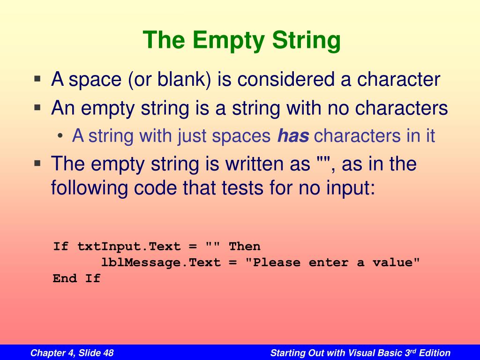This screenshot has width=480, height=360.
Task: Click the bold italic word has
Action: [293, 136]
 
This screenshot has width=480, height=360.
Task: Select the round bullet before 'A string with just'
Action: [62, 136]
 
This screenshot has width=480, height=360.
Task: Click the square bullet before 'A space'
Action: [38, 79]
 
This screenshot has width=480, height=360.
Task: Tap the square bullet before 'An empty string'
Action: [38, 107]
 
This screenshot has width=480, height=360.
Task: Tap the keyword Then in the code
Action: [244, 247]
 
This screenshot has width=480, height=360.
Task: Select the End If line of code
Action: [76, 278]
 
